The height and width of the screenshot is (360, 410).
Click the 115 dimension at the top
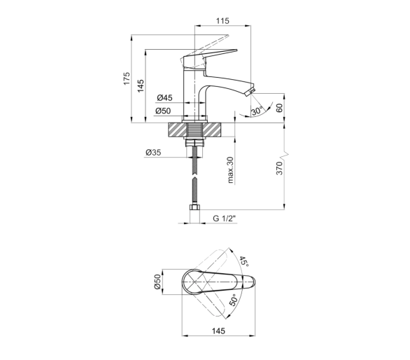[x=222, y=21]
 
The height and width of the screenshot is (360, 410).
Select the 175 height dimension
[x=127, y=78]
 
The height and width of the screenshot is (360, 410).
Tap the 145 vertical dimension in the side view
[x=141, y=85]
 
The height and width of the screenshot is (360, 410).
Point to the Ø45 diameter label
[x=164, y=98]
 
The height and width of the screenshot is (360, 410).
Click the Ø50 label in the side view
[x=163, y=111]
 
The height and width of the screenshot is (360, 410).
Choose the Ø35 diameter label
[x=153, y=153]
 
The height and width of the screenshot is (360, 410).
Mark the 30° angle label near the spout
[x=257, y=111]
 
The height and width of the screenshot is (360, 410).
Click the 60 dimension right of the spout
[x=280, y=108]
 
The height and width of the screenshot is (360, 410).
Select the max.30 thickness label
[x=230, y=170]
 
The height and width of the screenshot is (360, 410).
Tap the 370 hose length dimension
[x=280, y=168]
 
